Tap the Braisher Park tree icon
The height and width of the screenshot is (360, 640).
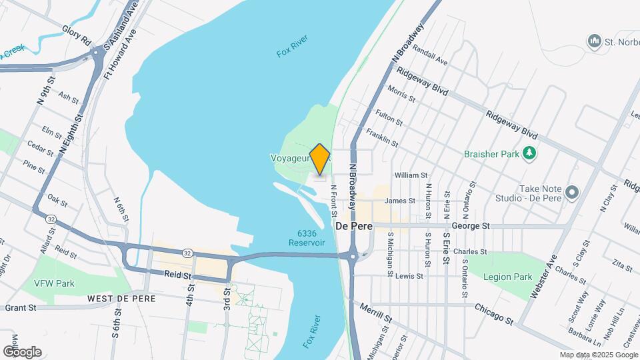529,153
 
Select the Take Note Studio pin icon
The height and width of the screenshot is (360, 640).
571,193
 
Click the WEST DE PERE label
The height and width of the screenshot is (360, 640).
121,299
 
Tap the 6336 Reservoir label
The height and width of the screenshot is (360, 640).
307,238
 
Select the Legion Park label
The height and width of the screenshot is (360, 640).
507,277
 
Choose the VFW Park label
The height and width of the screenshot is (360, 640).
55,283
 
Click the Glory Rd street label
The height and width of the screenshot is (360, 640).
76,35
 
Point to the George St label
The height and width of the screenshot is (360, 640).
471,226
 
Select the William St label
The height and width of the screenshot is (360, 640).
411,175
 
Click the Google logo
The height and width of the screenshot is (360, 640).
22,352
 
